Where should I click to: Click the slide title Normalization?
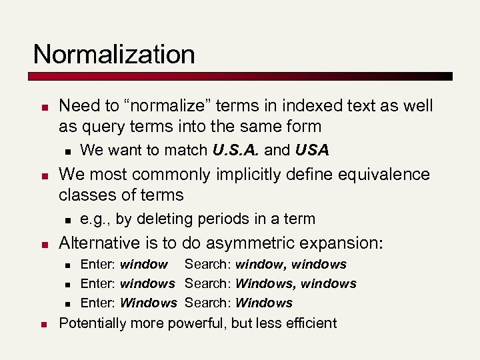[x=114, y=54]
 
